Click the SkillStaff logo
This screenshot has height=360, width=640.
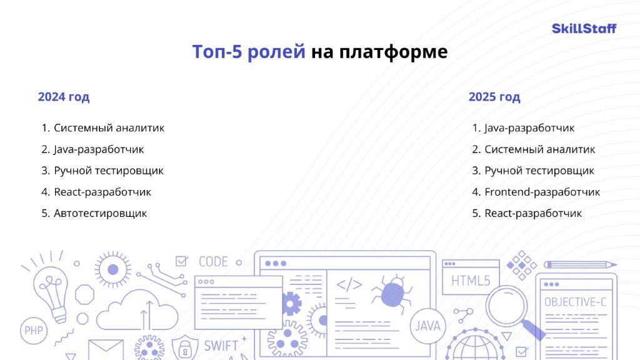(584, 29)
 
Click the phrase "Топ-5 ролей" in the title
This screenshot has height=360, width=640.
(249, 52)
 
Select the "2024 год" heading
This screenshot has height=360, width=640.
(64, 97)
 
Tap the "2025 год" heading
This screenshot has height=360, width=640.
(494, 97)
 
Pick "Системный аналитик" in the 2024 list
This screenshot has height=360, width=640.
(109, 127)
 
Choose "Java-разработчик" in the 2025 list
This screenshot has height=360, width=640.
(529, 128)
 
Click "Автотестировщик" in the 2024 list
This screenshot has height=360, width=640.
(101, 214)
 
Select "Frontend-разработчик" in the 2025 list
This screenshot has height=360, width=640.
(542, 192)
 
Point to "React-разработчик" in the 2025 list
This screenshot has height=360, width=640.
(533, 214)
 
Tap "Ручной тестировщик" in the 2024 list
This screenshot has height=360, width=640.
(109, 171)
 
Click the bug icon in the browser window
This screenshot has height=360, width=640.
(391, 294)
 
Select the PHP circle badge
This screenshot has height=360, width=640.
(34, 331)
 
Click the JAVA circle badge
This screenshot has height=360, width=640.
(427, 326)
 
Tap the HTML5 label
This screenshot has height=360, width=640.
(471, 281)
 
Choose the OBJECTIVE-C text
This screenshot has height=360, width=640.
(575, 302)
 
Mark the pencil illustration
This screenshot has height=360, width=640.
(580, 265)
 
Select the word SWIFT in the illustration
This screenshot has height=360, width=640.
(221, 346)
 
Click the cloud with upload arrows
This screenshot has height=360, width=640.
(137, 310)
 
